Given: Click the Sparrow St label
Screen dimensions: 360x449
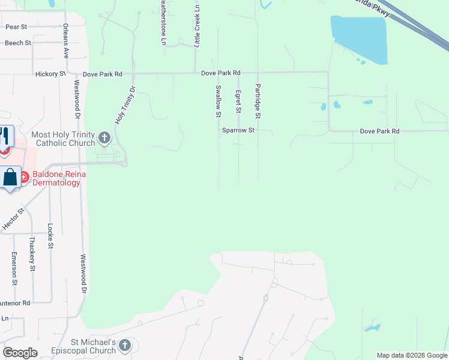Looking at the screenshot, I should click(x=239, y=130).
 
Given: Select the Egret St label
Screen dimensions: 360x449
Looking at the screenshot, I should click(x=238, y=101).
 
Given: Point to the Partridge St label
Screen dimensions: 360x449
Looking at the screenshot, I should click(x=258, y=100).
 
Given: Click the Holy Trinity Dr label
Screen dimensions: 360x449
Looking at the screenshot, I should click(x=125, y=105).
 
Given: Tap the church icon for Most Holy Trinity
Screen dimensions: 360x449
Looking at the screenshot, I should click(x=104, y=139).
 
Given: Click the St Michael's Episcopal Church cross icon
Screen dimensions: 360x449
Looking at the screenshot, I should click(x=125, y=345).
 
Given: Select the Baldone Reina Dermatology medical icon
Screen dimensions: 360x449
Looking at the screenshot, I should click(x=25, y=177).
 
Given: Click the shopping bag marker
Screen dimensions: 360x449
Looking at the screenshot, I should click(x=10, y=178).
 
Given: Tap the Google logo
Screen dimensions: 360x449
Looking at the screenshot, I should click(x=20, y=353).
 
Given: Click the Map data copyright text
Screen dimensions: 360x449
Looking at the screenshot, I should click(x=411, y=355).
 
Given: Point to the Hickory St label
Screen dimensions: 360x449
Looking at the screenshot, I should click(x=54, y=74).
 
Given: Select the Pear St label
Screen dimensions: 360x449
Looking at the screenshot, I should click(x=16, y=27).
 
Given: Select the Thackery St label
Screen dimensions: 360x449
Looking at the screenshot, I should click(x=32, y=253).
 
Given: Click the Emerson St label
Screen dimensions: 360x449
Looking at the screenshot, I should click(x=13, y=268).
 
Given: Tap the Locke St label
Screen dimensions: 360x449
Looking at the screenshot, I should click(x=50, y=236).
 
